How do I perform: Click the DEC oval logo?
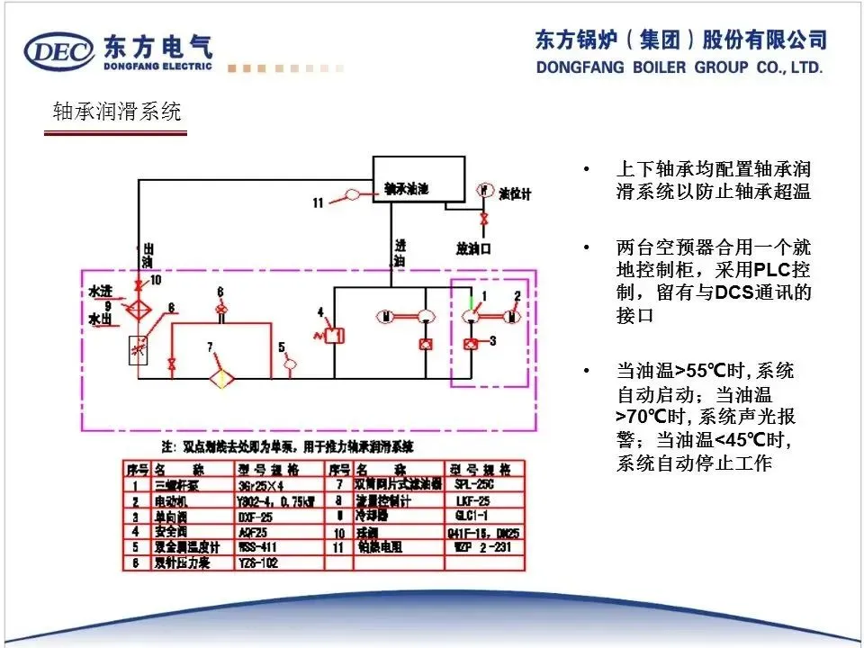[x=59, y=50]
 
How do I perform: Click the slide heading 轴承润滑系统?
[x=117, y=112]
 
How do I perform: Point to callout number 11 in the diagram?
[x=318, y=203]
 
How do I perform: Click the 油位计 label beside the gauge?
[x=516, y=193]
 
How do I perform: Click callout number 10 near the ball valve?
[x=155, y=279]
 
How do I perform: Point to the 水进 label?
[x=99, y=292]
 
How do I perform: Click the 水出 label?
[x=99, y=319]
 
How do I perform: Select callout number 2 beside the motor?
[x=517, y=295]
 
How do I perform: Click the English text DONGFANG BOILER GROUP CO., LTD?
[x=679, y=67]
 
